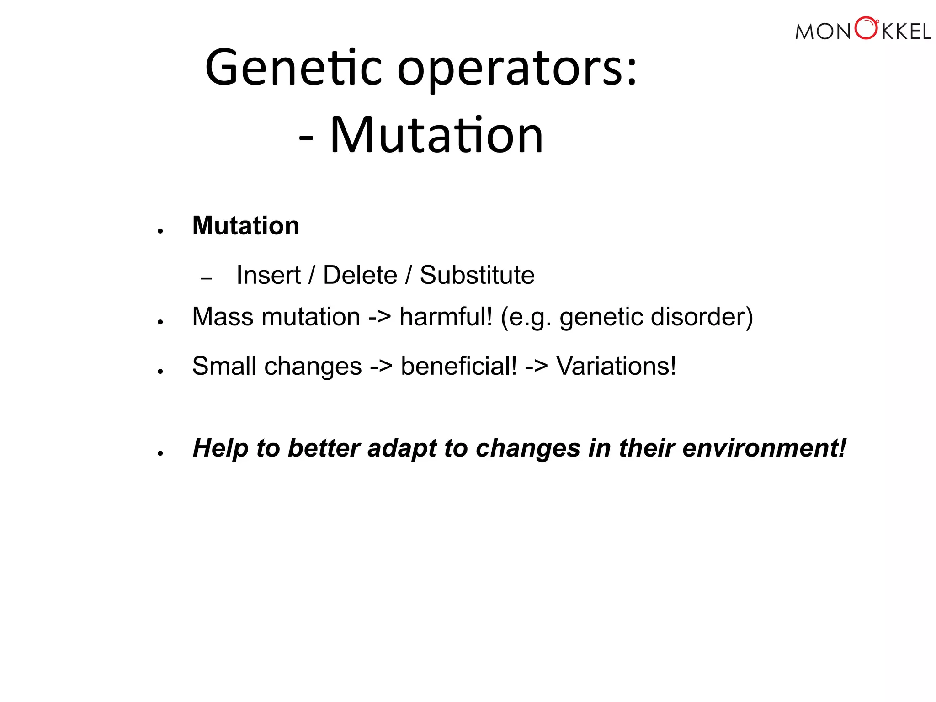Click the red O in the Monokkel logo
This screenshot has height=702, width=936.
pos(866,28)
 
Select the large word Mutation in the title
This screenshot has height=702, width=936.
pos(436,135)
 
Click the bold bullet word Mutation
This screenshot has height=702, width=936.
pos(246,226)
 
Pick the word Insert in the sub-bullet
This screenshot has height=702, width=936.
pos(268,275)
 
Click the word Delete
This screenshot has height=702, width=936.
pos(360,275)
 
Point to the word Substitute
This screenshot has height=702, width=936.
pos(477,275)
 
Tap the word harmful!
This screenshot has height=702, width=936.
pos(446,317)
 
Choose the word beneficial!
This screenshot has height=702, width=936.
pos(459,366)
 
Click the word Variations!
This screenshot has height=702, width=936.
pos(616,366)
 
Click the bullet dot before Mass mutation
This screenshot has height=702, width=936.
pos(160,322)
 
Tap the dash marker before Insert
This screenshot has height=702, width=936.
pos(207,278)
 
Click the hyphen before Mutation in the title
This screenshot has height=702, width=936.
pos(306,137)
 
